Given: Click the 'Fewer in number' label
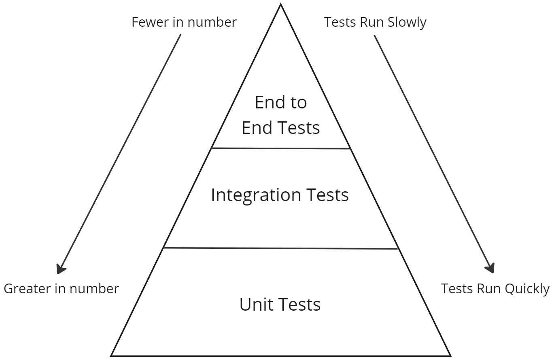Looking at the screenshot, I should tap(184, 22).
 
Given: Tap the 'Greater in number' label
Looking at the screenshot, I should tap(61, 289).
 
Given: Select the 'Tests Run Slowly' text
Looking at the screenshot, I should tap(375, 22).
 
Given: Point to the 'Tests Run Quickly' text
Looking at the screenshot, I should tap(495, 289).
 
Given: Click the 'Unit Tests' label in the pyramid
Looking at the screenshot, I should tap(280, 304).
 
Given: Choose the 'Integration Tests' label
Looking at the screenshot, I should tap(280, 195).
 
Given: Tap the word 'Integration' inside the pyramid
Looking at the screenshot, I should tap(256, 195).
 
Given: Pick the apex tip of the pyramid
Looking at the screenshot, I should tap(280, 5).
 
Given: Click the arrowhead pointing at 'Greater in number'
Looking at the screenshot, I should tap(61, 269).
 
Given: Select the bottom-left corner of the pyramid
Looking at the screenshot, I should tap(112, 356).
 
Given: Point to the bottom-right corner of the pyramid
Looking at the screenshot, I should tap(450, 356).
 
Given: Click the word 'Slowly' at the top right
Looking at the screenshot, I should tap(407, 22).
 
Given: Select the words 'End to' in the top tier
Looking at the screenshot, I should tap(280, 102).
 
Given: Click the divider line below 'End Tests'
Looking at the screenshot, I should tap(280, 148).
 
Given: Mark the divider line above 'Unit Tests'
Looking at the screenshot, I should tap(280, 248).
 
